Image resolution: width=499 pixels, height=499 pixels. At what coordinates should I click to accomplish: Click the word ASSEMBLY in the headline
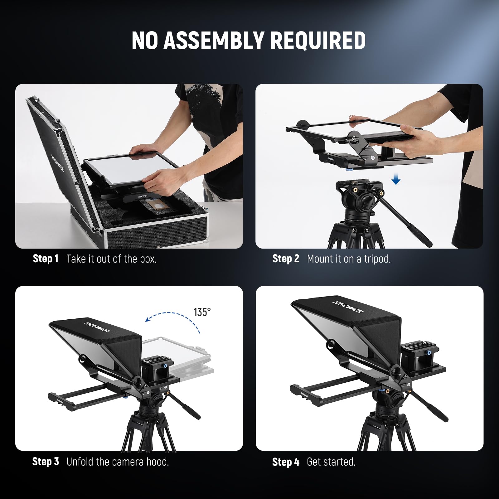click(x=214, y=40)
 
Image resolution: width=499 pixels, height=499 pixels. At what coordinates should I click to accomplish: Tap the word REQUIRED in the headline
click(x=318, y=40)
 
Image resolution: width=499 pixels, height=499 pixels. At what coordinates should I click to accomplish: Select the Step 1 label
click(x=46, y=259)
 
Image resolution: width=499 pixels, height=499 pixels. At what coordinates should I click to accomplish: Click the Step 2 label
click(x=286, y=259)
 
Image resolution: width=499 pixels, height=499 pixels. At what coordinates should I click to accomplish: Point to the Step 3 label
click(x=46, y=462)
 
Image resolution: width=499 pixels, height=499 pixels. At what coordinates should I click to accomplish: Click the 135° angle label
click(x=202, y=312)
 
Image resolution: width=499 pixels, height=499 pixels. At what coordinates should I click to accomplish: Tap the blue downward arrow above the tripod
click(x=396, y=179)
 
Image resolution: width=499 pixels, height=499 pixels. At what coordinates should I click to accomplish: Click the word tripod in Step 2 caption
click(x=377, y=259)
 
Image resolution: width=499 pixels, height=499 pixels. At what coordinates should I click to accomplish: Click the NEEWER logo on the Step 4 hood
click(x=348, y=307)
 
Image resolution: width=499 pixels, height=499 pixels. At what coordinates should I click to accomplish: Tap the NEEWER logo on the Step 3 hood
click(x=97, y=327)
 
